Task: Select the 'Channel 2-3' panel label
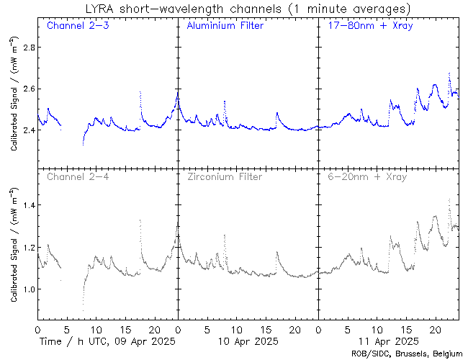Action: [76, 26]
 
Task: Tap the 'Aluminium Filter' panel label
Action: [225, 26]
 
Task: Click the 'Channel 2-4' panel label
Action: [76, 176]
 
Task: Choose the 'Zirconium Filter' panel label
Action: [225, 176]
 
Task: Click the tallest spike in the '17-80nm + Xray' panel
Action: [449, 73]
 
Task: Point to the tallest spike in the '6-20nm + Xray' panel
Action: [449, 199]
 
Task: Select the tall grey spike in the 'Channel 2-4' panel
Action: [140, 220]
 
